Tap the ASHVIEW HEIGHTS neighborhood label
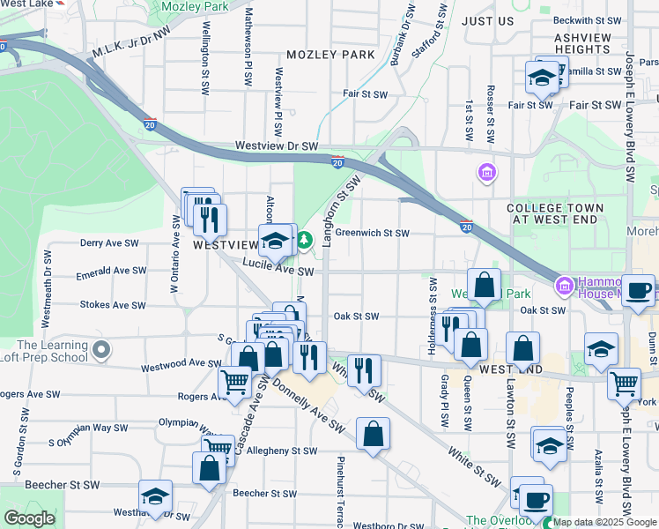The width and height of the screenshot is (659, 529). (582, 43)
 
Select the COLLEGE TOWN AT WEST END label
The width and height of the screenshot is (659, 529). (556, 213)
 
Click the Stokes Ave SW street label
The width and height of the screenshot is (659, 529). (112, 305)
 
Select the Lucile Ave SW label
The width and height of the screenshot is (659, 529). (281, 272)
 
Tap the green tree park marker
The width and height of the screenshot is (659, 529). (305, 239)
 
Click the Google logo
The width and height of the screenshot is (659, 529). (29, 518)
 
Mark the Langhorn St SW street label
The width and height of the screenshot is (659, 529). (342, 209)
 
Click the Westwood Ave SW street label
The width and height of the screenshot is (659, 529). (182, 362)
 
